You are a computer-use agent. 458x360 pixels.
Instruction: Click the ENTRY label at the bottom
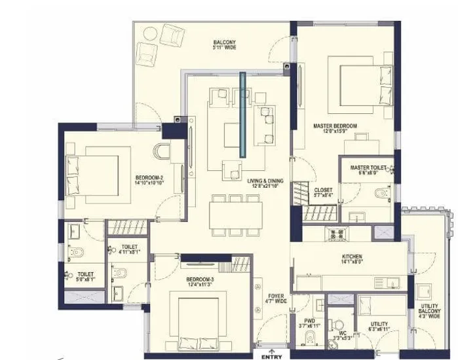click(272, 356)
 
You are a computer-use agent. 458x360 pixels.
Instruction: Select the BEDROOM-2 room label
click(149, 180)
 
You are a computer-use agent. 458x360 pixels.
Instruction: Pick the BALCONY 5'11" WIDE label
click(224, 46)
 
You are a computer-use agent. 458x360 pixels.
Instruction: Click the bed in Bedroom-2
click(94, 170)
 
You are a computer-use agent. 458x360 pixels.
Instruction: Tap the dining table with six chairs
click(236, 215)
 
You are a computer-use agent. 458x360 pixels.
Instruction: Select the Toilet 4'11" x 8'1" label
click(130, 249)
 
